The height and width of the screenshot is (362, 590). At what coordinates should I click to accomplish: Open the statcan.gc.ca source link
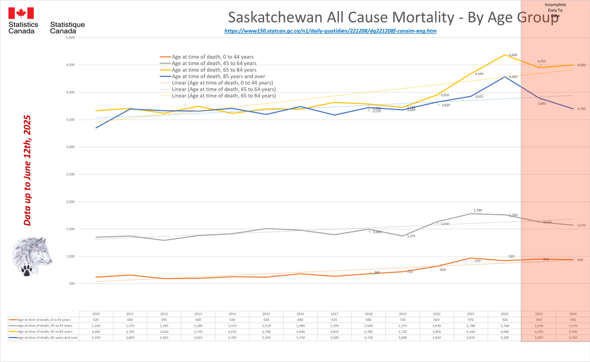click(330, 30)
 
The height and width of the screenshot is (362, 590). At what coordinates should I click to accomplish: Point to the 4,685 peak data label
click(512, 56)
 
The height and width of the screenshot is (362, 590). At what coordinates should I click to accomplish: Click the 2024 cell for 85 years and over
click(573, 337)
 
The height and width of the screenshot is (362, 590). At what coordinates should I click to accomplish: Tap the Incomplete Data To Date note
click(555, 10)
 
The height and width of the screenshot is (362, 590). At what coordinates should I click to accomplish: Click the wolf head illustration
click(33, 256)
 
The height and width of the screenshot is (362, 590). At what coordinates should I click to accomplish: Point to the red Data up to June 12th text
click(28, 171)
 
